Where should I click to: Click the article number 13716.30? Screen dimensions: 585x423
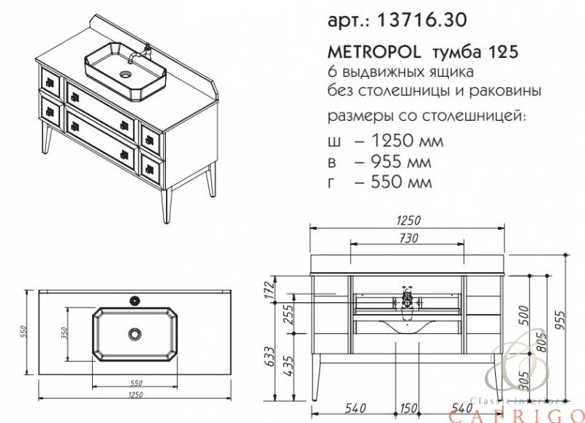coord(422,20)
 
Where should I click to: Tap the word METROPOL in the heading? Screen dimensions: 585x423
coord(374,52)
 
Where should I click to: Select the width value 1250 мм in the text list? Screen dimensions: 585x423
coord(408,141)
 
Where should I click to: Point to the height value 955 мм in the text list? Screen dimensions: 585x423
coord(401,162)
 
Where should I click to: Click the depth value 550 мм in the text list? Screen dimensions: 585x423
coord(401,182)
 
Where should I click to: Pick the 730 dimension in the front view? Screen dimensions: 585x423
coord(409,238)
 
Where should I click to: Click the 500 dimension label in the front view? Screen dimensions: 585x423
coord(524,315)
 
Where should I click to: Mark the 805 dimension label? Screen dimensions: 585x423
coord(542,341)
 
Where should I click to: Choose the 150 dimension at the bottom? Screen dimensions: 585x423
coord(408,408)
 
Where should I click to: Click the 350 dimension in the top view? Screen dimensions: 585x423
coord(64,334)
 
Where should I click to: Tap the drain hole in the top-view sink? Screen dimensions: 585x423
coord(135,334)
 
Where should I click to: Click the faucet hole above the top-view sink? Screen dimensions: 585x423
coord(135,300)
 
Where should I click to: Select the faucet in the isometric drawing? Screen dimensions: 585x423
coord(142,53)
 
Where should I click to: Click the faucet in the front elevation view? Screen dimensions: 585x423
coord(407,301)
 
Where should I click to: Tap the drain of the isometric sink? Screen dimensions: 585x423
coord(126,75)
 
